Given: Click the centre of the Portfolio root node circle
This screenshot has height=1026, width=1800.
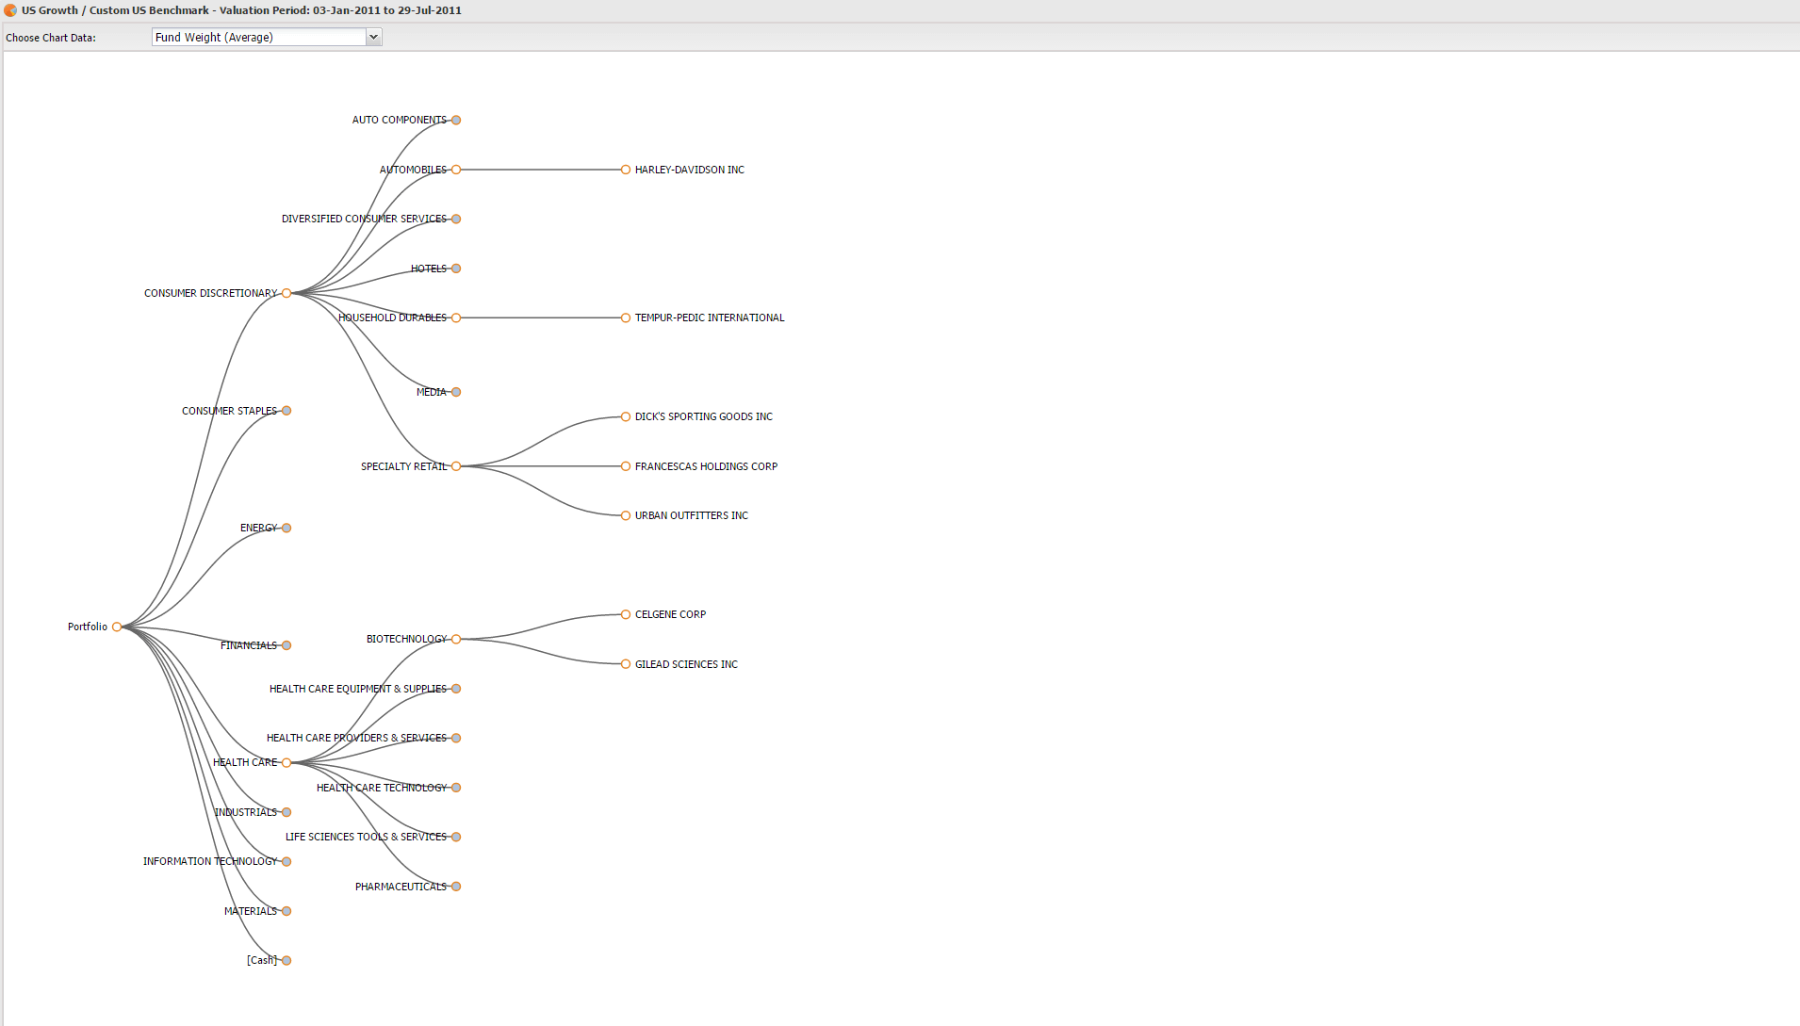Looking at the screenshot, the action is tap(117, 627).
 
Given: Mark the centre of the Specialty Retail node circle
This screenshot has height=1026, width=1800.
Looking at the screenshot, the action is tap(456, 466).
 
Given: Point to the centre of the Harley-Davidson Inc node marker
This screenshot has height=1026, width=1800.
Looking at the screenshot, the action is tap(626, 170).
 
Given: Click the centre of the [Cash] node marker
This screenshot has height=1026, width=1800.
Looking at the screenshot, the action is tap(286, 960).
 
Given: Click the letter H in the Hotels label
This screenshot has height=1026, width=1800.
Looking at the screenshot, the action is tap(415, 269).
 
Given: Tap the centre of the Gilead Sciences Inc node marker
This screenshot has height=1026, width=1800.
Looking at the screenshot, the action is tap(626, 664).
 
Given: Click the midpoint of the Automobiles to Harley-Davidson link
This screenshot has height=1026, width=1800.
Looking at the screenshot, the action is tap(541, 170).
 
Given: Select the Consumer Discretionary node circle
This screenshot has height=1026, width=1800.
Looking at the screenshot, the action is tap(286, 293).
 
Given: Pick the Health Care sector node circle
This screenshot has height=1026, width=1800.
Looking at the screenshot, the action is tap(286, 762).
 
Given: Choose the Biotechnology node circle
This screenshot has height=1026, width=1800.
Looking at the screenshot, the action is tap(456, 639).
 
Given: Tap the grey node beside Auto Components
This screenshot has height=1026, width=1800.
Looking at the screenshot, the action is tap(456, 120).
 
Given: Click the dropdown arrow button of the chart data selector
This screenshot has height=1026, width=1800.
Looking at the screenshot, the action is tap(373, 37).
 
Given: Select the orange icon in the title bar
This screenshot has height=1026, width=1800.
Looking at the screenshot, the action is tap(10, 10).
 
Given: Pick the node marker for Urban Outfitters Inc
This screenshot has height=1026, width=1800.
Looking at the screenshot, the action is tap(626, 515).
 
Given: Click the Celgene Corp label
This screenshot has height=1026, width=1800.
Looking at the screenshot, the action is tap(670, 614).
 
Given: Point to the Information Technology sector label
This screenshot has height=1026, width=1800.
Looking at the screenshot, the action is tap(210, 861).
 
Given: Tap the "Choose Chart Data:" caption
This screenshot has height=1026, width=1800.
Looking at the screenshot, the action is tap(51, 38).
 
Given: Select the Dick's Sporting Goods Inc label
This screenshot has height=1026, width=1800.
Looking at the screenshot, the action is tap(704, 416).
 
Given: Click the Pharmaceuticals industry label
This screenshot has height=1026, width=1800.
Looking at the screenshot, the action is tap(401, 887).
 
